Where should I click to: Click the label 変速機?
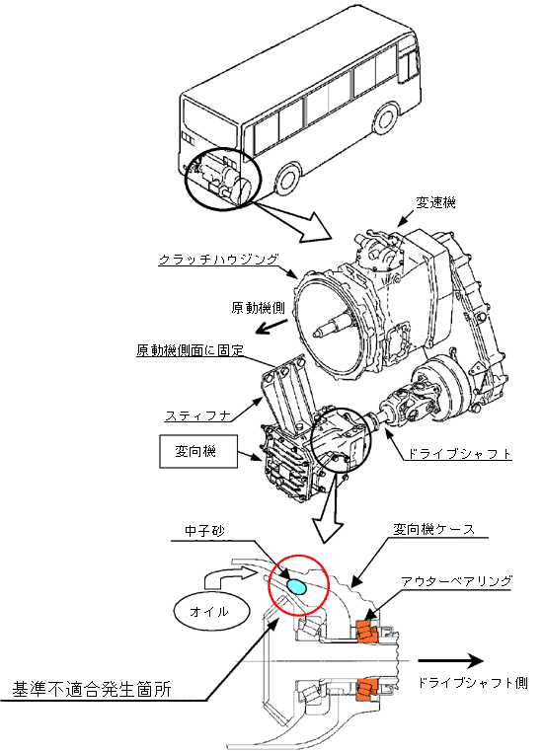point(435,203)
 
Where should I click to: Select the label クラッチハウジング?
point(218,260)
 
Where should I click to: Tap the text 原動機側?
point(258,308)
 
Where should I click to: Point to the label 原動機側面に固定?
point(190,350)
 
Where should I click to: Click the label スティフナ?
point(198,415)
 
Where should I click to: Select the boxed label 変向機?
point(198,451)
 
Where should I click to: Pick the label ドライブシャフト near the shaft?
point(459,454)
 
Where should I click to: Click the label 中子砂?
point(204,531)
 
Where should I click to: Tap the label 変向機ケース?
point(433,530)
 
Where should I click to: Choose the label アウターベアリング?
point(456,581)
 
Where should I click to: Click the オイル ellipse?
point(212,612)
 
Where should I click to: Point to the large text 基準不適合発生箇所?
point(92,690)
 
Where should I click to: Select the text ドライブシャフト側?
point(473,683)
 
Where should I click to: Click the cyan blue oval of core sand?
point(295,586)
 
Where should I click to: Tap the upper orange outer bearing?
point(367,631)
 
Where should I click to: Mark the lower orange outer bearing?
point(367,690)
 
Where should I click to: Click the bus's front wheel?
point(386,117)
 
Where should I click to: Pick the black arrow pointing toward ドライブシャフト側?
point(450,661)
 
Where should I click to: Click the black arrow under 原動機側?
point(271,326)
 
